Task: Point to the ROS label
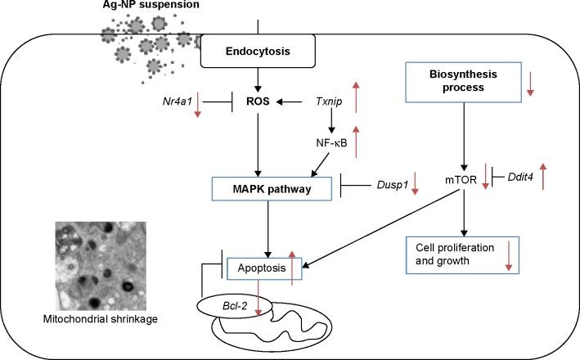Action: click(259, 103)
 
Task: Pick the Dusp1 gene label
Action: click(389, 187)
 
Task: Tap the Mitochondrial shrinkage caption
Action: click(101, 319)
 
